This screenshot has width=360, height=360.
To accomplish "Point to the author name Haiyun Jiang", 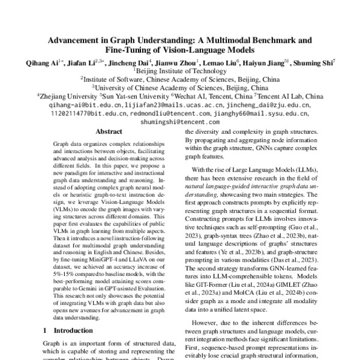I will click(268, 63).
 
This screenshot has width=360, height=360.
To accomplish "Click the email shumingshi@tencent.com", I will click(179, 120).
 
